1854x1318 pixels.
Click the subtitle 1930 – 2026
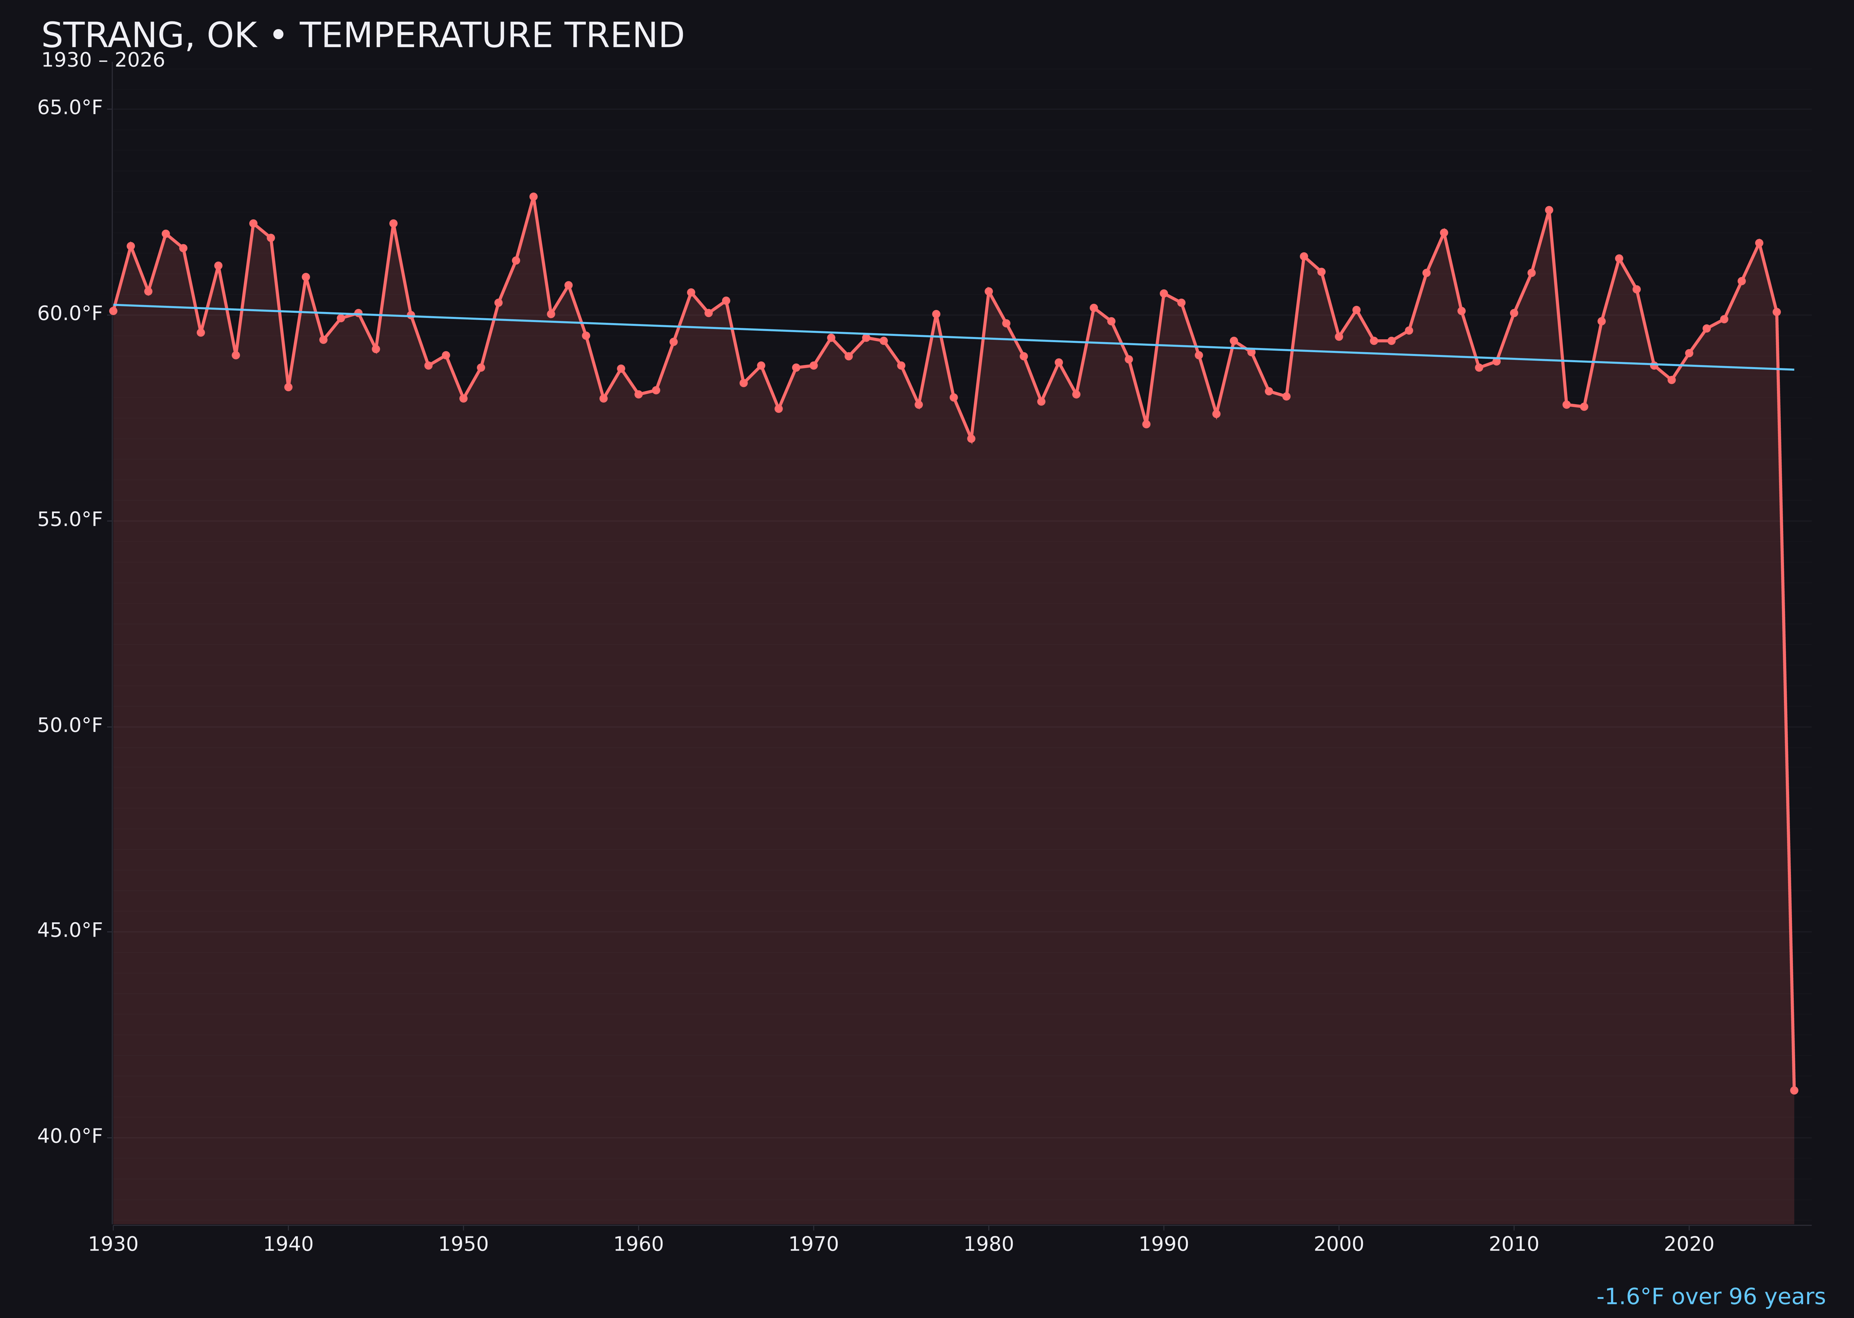click(x=103, y=61)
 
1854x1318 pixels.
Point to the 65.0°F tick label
click(x=70, y=108)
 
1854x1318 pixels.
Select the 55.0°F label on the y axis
click(x=70, y=520)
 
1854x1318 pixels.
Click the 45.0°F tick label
click(x=70, y=930)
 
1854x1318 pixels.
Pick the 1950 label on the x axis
click(x=463, y=1244)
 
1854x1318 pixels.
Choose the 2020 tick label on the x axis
click(x=1689, y=1244)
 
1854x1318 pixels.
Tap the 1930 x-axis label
click(x=114, y=1244)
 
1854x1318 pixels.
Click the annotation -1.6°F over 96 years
click(x=1710, y=1297)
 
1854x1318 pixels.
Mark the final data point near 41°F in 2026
click(x=1794, y=1090)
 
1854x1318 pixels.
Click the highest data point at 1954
click(x=533, y=196)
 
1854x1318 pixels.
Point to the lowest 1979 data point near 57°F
click(x=971, y=438)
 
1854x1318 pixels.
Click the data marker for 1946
click(x=394, y=223)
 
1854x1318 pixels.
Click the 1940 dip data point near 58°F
click(x=288, y=387)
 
